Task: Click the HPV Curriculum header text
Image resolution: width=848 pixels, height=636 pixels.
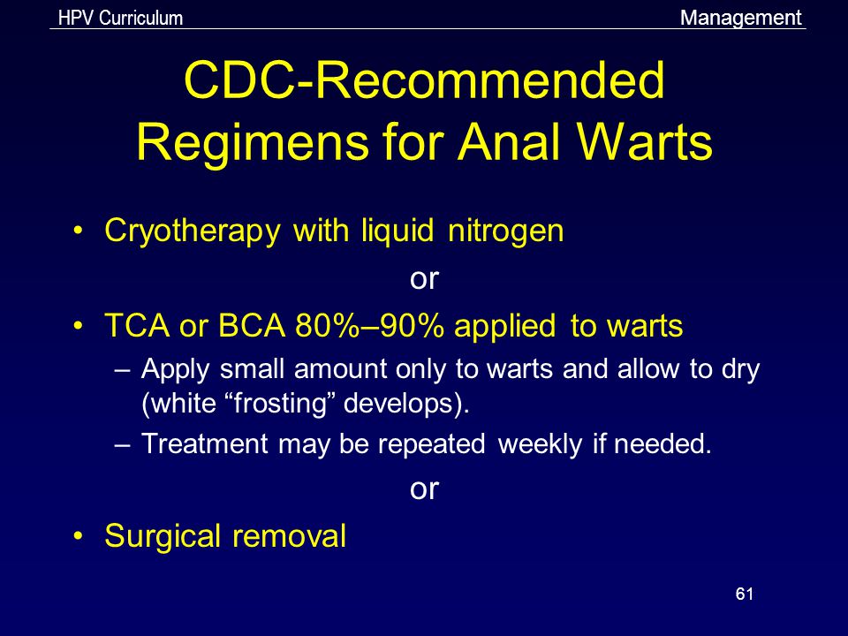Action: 121,18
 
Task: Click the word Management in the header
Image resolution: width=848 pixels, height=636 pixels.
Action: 740,18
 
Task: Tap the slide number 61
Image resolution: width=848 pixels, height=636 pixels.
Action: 744,594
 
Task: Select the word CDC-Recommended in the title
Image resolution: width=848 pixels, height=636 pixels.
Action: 425,80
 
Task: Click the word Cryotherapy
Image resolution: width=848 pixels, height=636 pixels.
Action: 192,231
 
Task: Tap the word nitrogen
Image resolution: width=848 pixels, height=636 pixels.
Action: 505,231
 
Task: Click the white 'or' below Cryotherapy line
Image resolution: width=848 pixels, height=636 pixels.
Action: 424,279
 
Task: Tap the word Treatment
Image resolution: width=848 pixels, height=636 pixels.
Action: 204,443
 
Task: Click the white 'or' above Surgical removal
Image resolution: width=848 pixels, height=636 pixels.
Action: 424,489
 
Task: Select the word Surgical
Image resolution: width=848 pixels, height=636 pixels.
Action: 163,536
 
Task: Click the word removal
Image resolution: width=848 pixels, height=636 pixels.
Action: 290,536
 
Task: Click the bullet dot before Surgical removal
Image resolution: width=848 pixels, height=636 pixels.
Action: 79,536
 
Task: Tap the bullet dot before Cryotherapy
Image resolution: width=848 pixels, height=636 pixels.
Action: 79,231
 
